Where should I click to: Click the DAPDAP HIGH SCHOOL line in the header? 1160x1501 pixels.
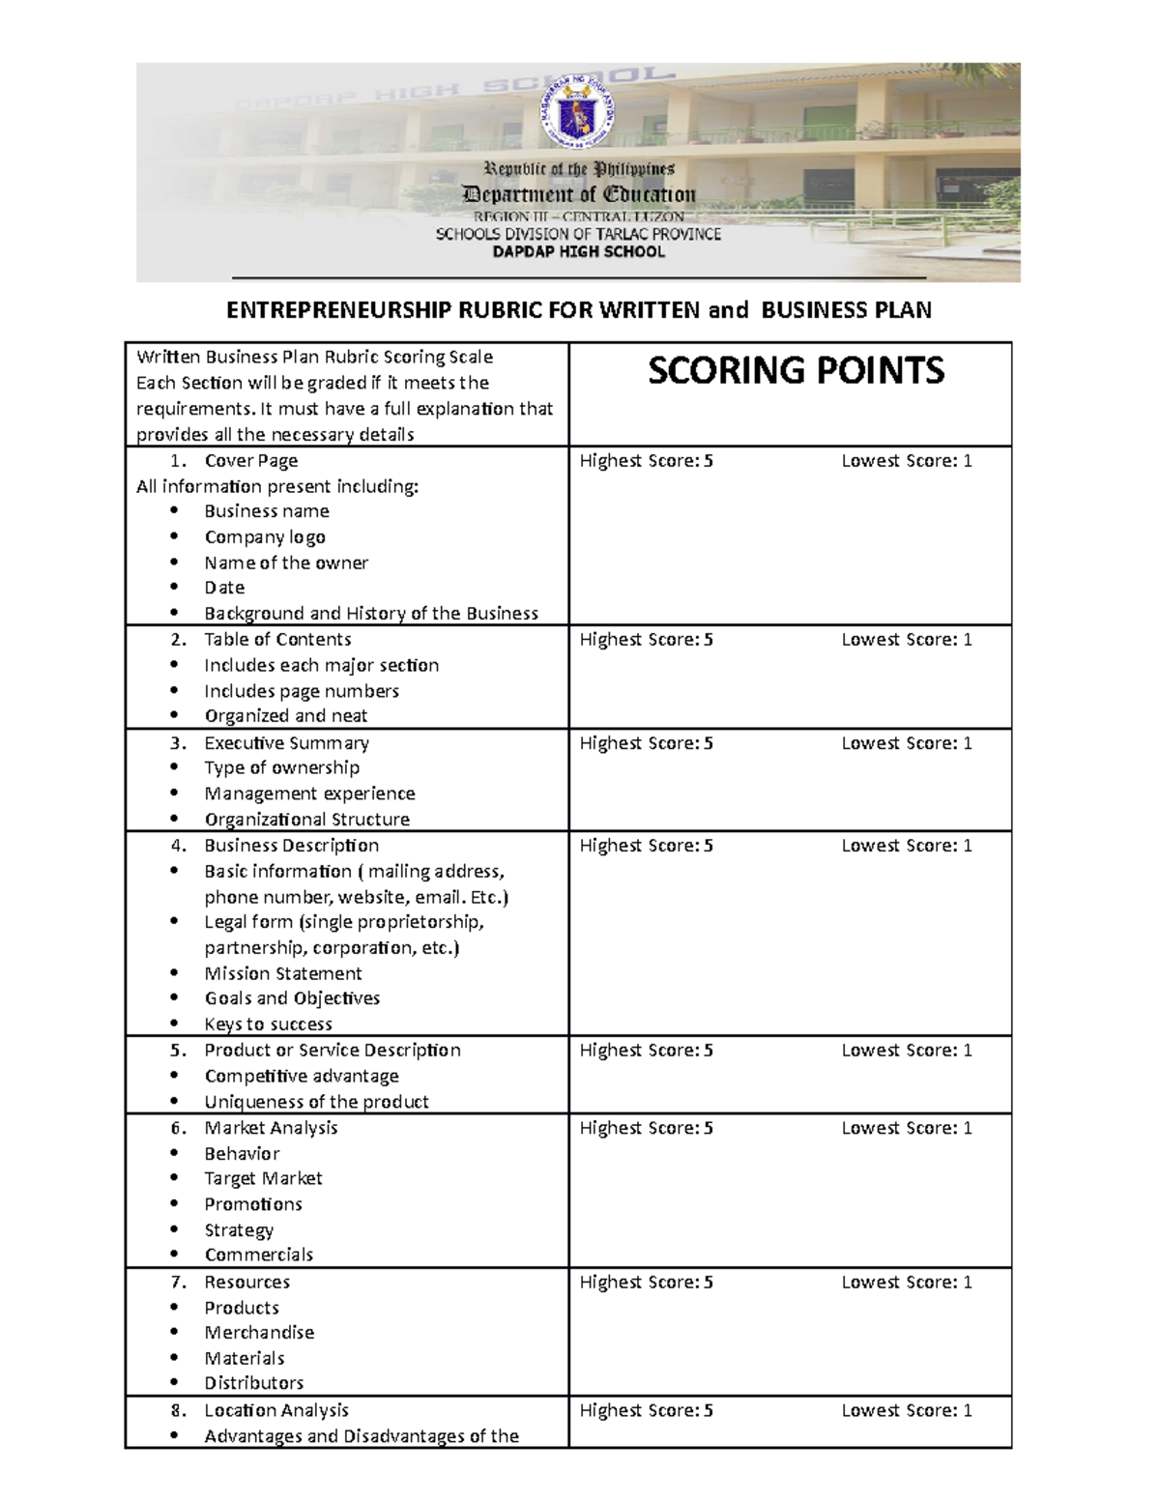579,252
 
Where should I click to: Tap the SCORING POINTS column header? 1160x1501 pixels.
796,371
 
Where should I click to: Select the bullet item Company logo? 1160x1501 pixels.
264,537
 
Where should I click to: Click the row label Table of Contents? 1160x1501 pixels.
277,640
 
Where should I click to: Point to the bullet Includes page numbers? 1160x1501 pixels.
301,691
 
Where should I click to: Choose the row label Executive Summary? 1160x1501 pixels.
286,743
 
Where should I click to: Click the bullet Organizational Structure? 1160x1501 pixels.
306,820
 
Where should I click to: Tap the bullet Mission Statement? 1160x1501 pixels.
282,973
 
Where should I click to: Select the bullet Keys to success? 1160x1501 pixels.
268,1025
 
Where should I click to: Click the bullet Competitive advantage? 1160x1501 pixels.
301,1076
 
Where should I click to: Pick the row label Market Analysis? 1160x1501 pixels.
271,1128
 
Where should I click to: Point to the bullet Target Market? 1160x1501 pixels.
263,1178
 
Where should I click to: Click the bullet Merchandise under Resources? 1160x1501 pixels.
259,1333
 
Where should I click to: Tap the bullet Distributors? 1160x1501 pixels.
253,1383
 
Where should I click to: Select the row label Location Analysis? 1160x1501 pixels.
275,1411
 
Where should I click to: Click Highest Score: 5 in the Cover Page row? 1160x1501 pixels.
646,461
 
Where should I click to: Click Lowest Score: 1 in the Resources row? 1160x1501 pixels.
906,1283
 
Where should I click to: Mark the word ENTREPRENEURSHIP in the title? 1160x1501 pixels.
338,310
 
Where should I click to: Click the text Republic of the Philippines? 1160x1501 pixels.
579,170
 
